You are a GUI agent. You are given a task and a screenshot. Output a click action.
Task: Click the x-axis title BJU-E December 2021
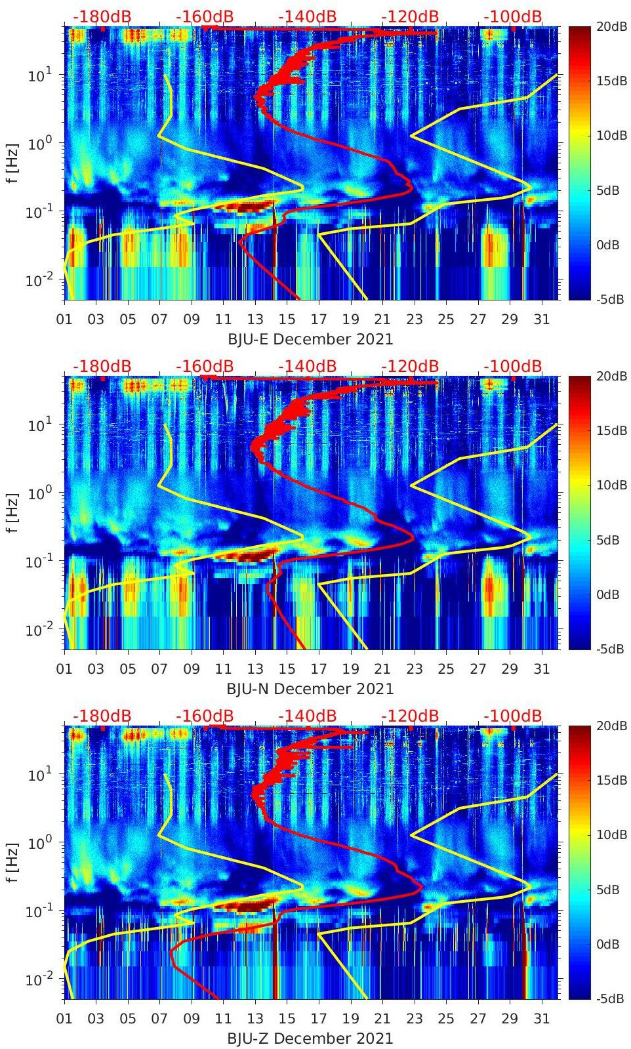[x=310, y=339]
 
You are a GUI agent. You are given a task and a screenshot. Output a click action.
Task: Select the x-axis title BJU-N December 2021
[x=310, y=689]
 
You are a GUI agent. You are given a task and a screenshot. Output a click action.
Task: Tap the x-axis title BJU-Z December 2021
[x=310, y=1039]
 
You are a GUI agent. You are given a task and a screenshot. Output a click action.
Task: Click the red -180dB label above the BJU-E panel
[x=102, y=16]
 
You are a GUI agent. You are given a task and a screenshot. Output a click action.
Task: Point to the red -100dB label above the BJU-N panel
[x=513, y=366]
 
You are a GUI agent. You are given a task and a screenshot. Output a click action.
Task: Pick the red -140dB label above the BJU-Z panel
[x=307, y=716]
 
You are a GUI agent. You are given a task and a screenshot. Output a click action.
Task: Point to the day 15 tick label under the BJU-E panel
[x=287, y=319]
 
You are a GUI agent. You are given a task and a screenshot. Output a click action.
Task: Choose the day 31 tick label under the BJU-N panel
[x=541, y=669]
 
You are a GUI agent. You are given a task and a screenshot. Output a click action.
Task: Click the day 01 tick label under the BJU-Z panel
[x=65, y=1019]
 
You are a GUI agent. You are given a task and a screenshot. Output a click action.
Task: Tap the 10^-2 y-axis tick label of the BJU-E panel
[x=37, y=280]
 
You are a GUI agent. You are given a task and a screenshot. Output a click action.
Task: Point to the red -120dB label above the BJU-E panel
[x=410, y=16]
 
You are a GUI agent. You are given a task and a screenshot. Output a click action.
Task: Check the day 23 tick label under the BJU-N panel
[x=414, y=669]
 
